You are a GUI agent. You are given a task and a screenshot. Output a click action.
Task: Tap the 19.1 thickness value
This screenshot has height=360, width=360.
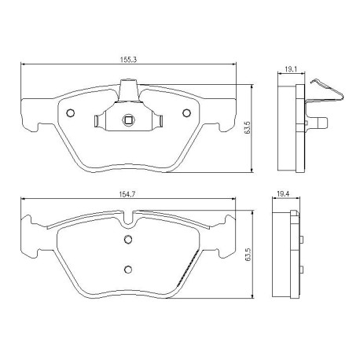pos(290,70)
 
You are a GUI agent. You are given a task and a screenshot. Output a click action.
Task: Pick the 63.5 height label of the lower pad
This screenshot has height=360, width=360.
pos(247,256)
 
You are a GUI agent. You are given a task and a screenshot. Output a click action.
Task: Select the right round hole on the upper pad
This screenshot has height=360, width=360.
pos(186,112)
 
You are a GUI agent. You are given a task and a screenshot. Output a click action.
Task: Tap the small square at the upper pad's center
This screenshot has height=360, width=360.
pos(127,120)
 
